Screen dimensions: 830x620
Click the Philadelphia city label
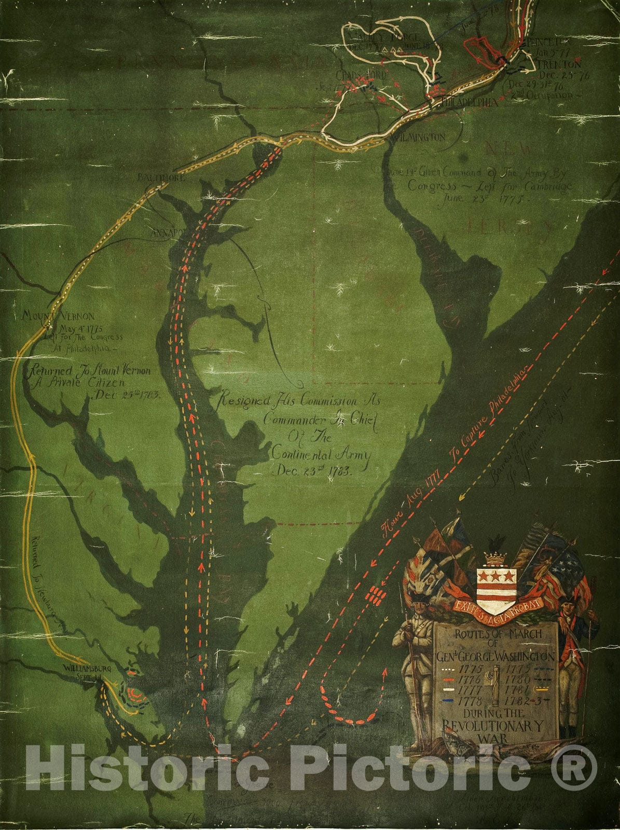[469, 102]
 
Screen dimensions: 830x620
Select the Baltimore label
[154, 177]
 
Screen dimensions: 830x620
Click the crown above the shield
[497, 558]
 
